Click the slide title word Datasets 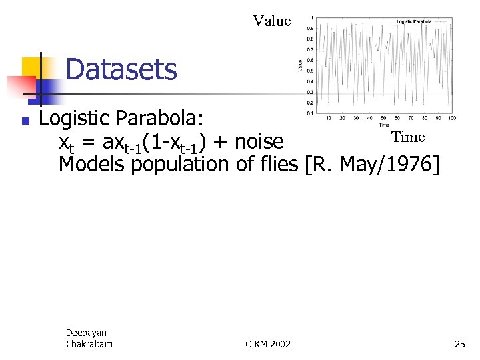tap(121, 69)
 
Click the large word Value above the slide tap(272, 21)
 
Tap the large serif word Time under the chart tap(408, 137)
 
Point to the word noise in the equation tap(259, 142)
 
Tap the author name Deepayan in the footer tap(86, 333)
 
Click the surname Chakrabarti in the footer tap(89, 343)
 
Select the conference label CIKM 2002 tap(268, 344)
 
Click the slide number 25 tap(459, 344)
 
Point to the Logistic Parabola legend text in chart tap(413, 21)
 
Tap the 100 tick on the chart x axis tap(451, 118)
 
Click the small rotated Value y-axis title tap(300, 65)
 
